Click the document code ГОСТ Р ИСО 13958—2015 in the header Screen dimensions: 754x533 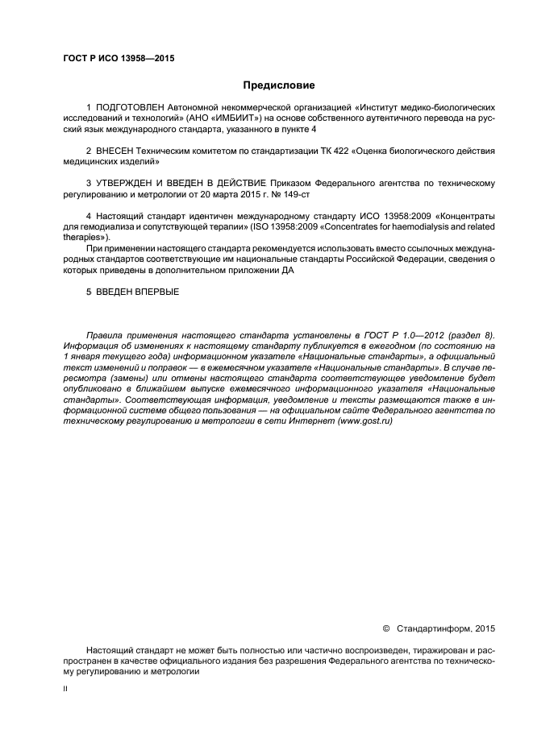(119, 59)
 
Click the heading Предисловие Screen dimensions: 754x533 (279, 85)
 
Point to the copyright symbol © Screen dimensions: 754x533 (385, 628)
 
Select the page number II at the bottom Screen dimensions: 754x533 (65, 689)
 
